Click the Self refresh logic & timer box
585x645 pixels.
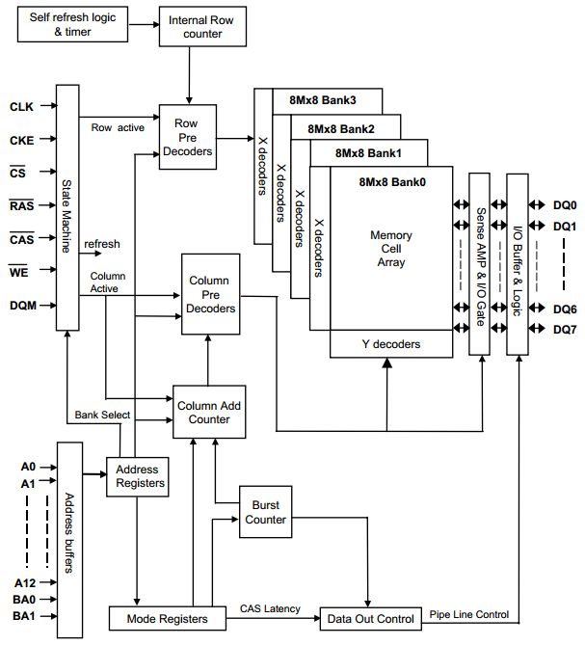pyautogui.click(x=73, y=26)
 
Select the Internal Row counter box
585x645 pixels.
pyautogui.click(x=196, y=27)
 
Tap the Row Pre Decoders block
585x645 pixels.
pyautogui.click(x=187, y=137)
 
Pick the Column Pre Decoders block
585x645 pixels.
pyautogui.click(x=209, y=295)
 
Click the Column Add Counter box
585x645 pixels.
pyautogui.click(x=210, y=413)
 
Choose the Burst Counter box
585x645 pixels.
pyautogui.click(x=265, y=512)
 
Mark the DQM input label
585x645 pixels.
pyautogui.click(x=22, y=306)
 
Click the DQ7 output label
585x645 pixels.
pyautogui.click(x=565, y=331)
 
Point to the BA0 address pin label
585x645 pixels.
pyautogui.click(x=24, y=599)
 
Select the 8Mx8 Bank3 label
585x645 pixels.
pyautogui.click(x=322, y=100)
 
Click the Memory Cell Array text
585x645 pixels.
pyautogui.click(x=390, y=248)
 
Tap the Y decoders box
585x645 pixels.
pyautogui.click(x=390, y=342)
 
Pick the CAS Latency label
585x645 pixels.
pyautogui.click(x=270, y=608)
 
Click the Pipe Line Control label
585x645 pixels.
pyautogui.click(x=469, y=613)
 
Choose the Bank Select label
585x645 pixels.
pyautogui.click(x=103, y=416)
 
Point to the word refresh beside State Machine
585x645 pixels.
pyautogui.click(x=102, y=245)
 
